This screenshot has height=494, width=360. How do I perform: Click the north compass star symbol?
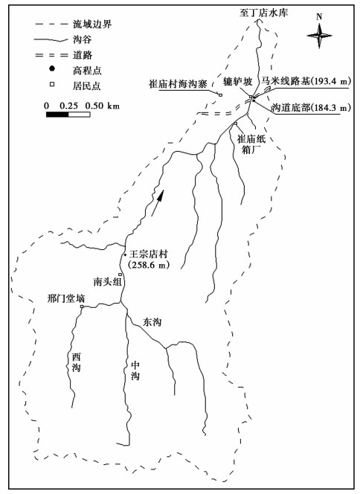click(x=319, y=35)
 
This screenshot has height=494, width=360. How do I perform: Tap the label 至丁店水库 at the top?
click(x=263, y=13)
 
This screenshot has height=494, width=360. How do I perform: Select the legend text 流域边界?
click(x=92, y=25)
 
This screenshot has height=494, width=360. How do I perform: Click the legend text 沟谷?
click(x=83, y=39)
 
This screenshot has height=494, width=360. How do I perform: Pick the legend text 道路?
click(x=83, y=55)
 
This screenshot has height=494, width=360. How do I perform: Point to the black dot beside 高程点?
click(x=52, y=68)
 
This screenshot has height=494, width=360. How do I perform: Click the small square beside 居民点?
click(x=52, y=84)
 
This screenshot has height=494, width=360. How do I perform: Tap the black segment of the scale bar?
click(x=57, y=114)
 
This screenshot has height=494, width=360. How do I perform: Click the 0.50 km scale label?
click(x=103, y=106)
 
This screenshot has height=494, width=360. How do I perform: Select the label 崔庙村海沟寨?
click(x=178, y=84)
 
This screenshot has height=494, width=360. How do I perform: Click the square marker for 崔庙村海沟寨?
click(x=220, y=94)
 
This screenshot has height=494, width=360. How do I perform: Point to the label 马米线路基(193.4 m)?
click(x=305, y=81)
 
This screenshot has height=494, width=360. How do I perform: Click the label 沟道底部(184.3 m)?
click(x=311, y=108)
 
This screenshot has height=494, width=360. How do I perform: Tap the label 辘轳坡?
click(x=237, y=82)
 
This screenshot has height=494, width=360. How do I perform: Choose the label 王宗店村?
click(x=149, y=254)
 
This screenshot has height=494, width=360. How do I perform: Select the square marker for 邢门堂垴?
click(x=82, y=307)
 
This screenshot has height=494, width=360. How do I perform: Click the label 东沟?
click(x=152, y=322)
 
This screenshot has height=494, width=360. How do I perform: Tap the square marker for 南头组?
click(x=120, y=275)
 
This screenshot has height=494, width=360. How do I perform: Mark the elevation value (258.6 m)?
click(x=148, y=265)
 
